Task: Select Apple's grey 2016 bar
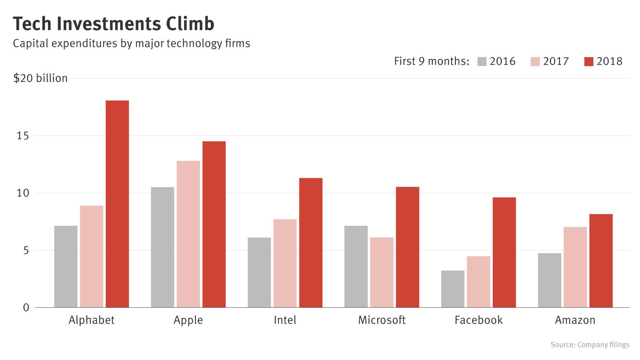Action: coord(162,247)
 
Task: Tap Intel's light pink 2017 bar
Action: coord(285,263)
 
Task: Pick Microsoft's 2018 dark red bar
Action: coord(407,247)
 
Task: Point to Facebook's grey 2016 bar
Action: coord(452,289)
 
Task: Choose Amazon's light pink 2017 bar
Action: coord(575,267)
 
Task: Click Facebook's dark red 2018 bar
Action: coord(504,252)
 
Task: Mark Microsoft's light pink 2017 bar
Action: coord(382,272)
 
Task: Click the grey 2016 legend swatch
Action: coord(482,62)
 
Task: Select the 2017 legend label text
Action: coord(556,61)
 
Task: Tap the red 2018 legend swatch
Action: coord(589,62)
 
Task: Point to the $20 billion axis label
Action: coord(40,78)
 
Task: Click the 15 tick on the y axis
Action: coord(23,136)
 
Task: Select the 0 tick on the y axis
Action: coord(26,307)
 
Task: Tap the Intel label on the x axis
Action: coord(285,320)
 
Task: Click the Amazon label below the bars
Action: coord(575,320)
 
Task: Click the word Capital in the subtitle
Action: coord(30,43)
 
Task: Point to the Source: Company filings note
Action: coord(590,345)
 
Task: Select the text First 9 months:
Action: coord(431,61)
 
